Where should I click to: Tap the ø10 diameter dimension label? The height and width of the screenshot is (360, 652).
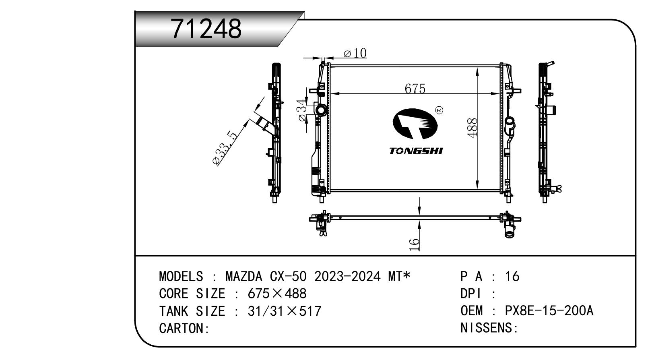point(355,53)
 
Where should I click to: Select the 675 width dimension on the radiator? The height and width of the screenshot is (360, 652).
point(415,89)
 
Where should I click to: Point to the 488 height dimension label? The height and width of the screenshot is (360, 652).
point(472,128)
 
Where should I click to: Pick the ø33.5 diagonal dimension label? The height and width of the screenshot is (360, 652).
point(225,148)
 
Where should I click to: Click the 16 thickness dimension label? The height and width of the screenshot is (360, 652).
point(414,245)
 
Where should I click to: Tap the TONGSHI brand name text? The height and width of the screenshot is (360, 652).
point(416,151)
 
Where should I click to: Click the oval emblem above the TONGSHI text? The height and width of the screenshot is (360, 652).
point(415,124)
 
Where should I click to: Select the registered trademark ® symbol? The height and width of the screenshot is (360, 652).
point(439,110)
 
